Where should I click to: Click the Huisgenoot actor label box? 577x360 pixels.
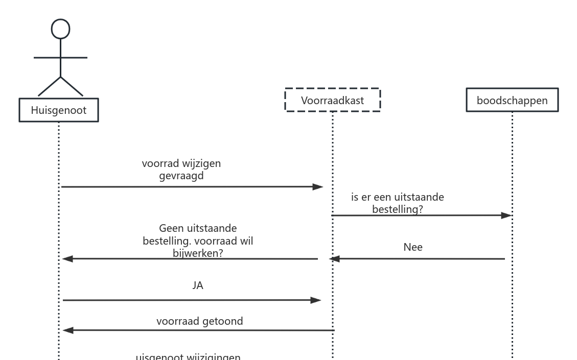point(59,110)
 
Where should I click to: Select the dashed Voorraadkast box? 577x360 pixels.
point(332,100)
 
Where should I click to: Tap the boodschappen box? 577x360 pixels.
point(512,100)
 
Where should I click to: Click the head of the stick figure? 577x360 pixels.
point(60,29)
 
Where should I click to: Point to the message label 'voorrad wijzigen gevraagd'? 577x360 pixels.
point(181,170)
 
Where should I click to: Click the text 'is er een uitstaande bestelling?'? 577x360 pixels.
point(398,203)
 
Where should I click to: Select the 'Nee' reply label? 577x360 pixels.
point(413,247)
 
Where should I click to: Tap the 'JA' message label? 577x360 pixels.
point(198,286)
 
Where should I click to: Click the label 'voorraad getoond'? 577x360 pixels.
point(199,321)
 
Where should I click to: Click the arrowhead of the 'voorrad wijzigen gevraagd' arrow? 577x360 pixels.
point(318,187)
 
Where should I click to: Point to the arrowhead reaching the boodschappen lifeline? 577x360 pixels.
point(506,215)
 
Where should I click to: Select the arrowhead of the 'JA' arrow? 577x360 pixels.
point(315,300)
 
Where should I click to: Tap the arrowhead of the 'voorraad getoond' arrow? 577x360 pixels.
point(68,330)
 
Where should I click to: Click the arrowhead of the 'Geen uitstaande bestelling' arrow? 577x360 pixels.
point(68,259)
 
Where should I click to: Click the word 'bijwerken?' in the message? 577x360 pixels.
point(198,252)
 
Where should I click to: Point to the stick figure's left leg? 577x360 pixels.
point(49,86)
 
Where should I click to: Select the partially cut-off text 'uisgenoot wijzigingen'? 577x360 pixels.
point(188,357)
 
